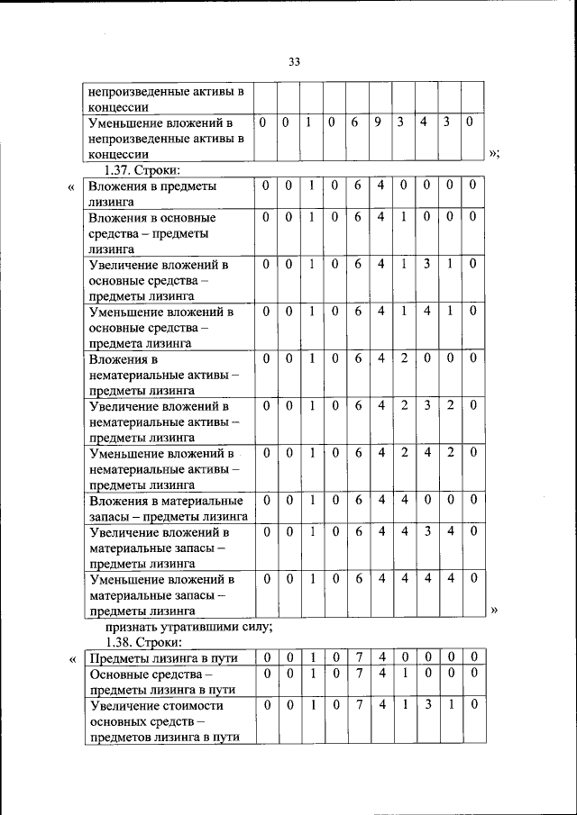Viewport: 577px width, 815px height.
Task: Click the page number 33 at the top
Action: pos(294,61)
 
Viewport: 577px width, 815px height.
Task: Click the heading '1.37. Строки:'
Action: pos(143,169)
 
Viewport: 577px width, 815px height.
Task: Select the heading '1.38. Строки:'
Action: pos(143,642)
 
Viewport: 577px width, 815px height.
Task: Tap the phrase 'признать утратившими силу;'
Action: pos(188,627)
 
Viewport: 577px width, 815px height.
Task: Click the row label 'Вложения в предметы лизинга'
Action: pos(152,194)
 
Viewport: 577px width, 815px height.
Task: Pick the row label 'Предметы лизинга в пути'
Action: pos(163,658)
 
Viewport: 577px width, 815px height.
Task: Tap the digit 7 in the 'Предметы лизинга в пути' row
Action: pos(358,657)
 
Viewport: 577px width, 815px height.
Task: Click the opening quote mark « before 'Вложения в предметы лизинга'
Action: pos(70,186)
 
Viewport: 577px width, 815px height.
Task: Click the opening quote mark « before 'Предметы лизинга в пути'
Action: pos(72,658)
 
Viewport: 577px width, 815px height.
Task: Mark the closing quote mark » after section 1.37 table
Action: pos(493,611)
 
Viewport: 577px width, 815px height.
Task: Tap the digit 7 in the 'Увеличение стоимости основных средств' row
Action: pos(358,705)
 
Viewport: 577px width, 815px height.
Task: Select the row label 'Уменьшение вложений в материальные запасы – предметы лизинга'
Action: pos(162,594)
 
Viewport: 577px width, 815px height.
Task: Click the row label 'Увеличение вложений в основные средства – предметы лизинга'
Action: pos(159,279)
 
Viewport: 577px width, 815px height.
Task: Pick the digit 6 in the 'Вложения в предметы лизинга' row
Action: pos(358,186)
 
